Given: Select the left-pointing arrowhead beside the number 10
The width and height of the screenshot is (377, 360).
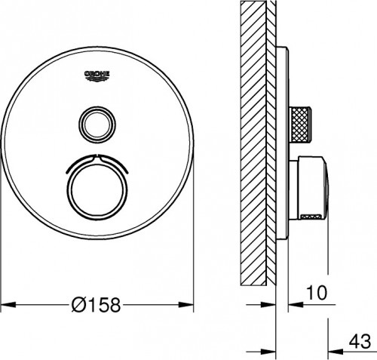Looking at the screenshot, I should [x=292, y=306].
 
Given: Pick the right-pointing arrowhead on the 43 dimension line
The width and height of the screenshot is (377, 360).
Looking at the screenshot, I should [x=268, y=352].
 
